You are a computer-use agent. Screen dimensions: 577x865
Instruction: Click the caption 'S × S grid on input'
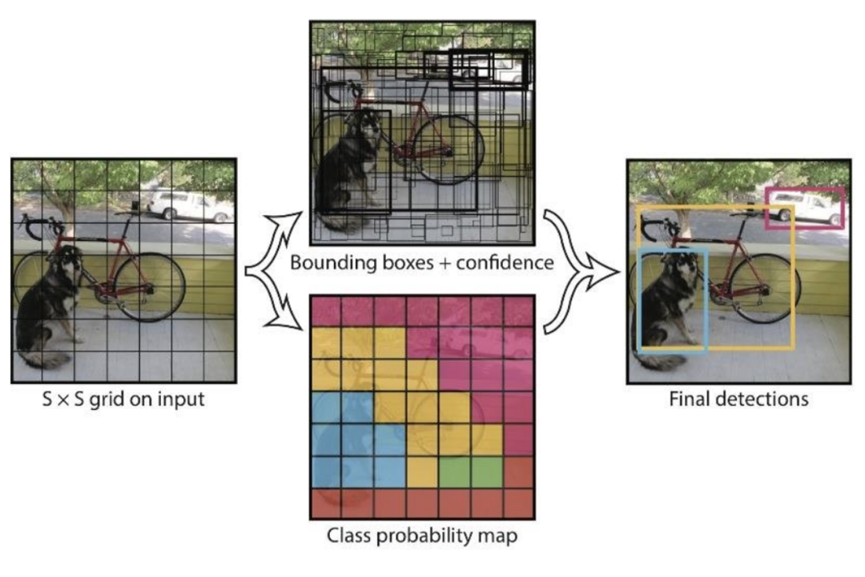tap(123, 398)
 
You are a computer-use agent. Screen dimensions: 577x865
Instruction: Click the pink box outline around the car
tap(804, 190)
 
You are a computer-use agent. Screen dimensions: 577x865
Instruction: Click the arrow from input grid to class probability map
tap(280, 308)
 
